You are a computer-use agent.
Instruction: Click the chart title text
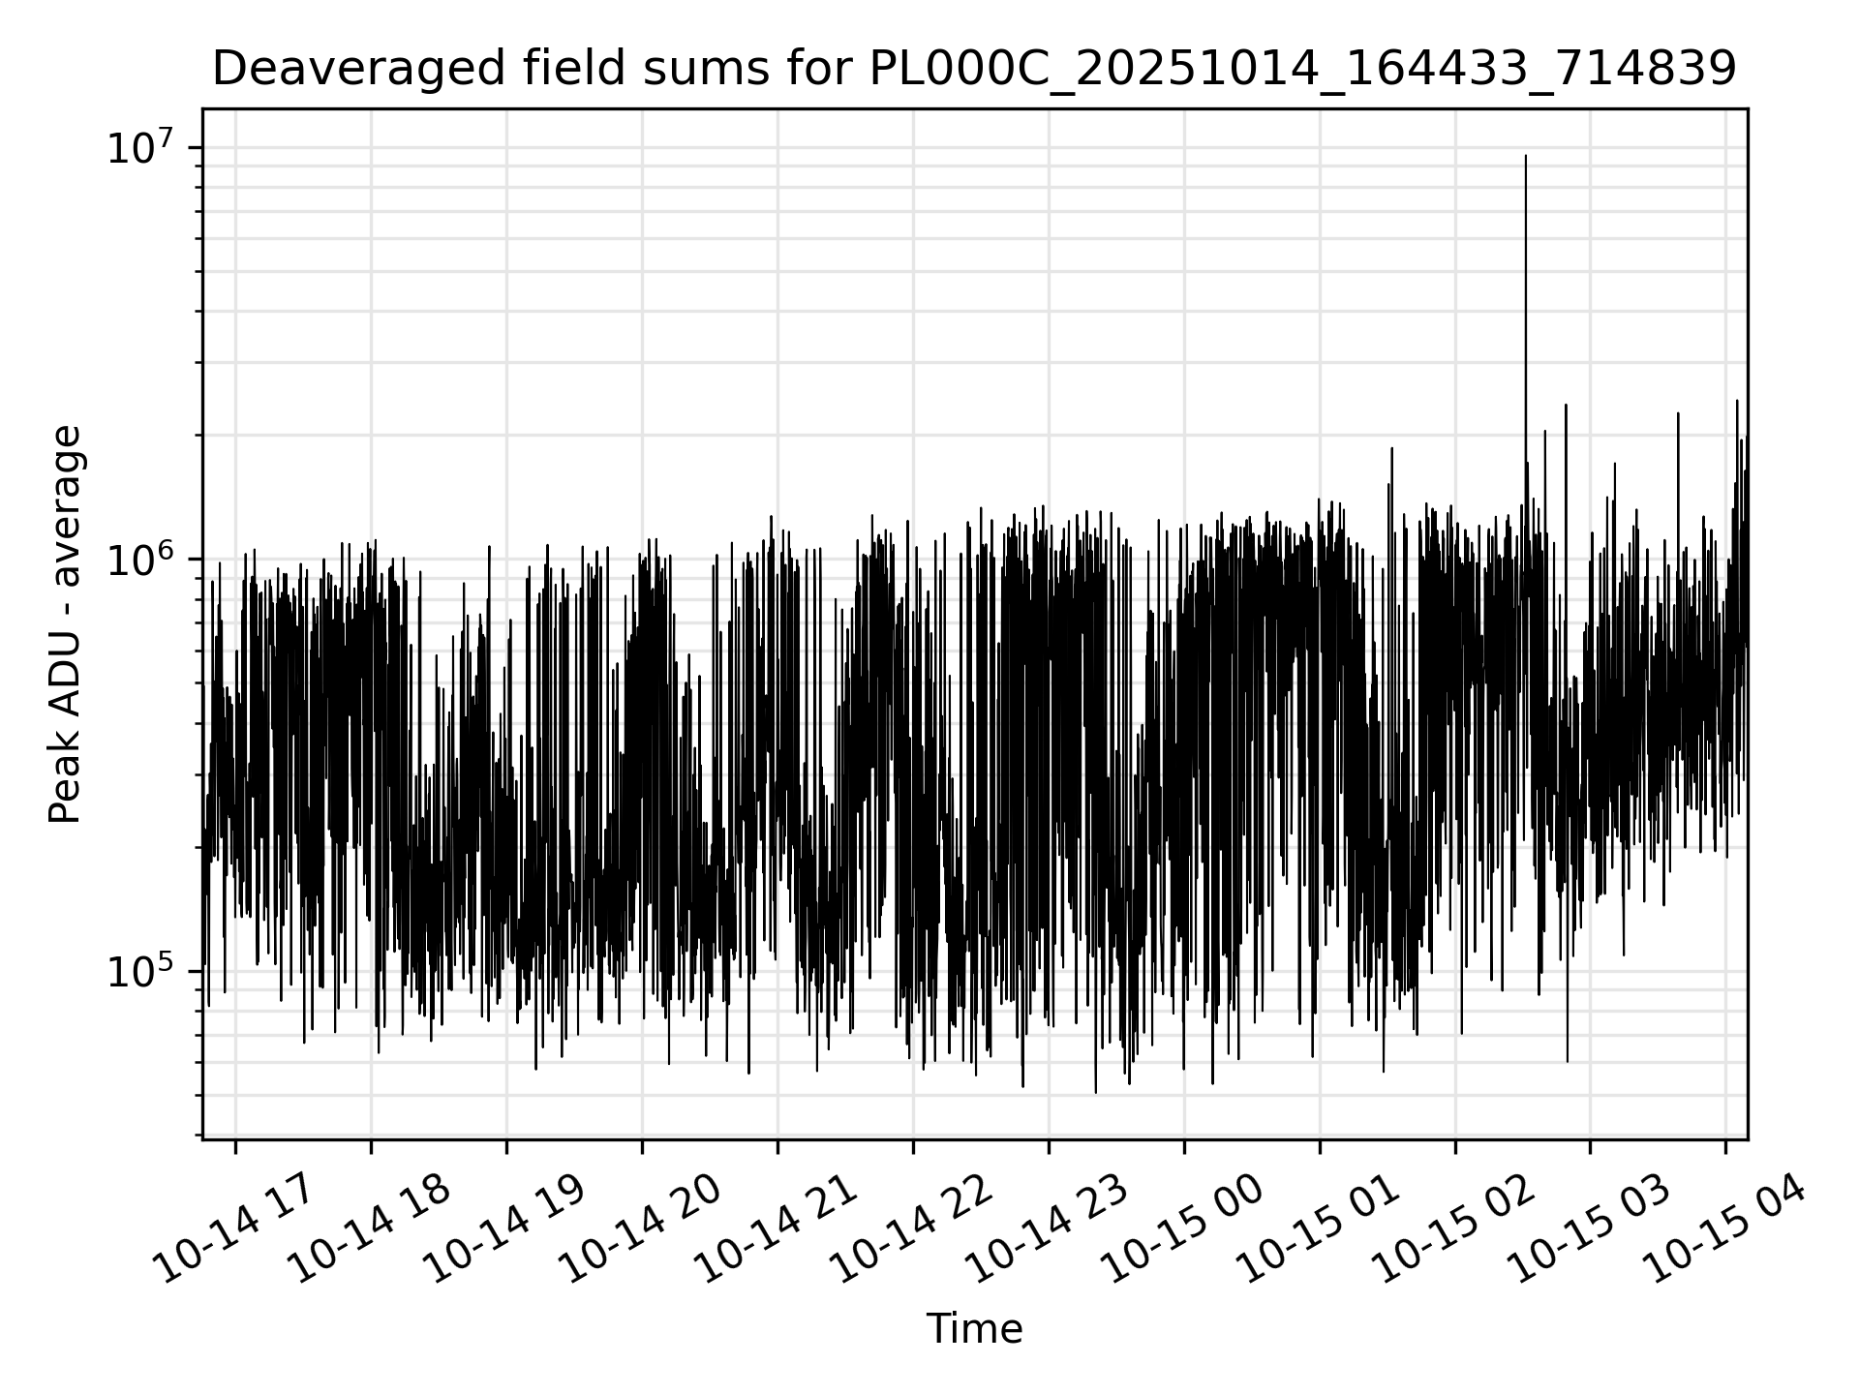974,70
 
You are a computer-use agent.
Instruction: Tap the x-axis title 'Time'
974,1329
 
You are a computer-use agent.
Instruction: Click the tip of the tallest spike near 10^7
1526,156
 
